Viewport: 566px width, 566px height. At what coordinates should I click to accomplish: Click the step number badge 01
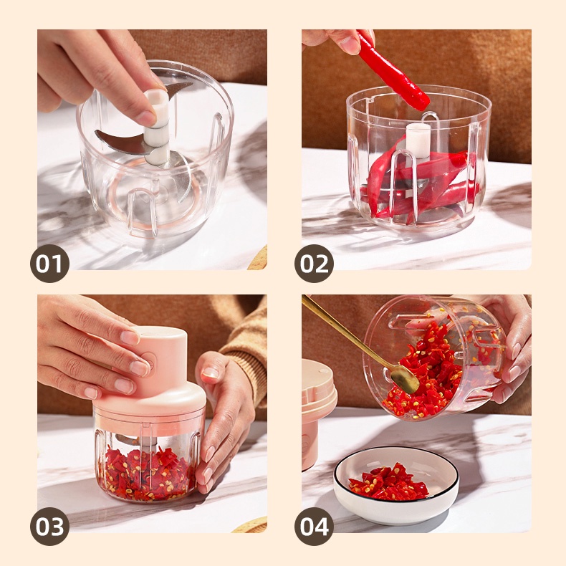pos(50,264)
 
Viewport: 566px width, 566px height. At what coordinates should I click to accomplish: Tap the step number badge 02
pos(314,264)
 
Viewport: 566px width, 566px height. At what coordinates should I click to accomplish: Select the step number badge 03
pos(50,527)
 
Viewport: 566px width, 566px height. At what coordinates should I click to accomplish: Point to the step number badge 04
pos(314,527)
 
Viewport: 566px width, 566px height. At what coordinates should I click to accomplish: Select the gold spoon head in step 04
pos(405,380)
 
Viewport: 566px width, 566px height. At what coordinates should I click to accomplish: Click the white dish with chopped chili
pos(396,484)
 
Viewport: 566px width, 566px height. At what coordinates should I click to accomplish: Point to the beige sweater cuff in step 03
pos(245,361)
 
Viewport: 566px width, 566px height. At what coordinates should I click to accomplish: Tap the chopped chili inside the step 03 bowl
pos(146,473)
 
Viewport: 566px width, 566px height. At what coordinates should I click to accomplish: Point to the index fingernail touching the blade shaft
pos(145,118)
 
